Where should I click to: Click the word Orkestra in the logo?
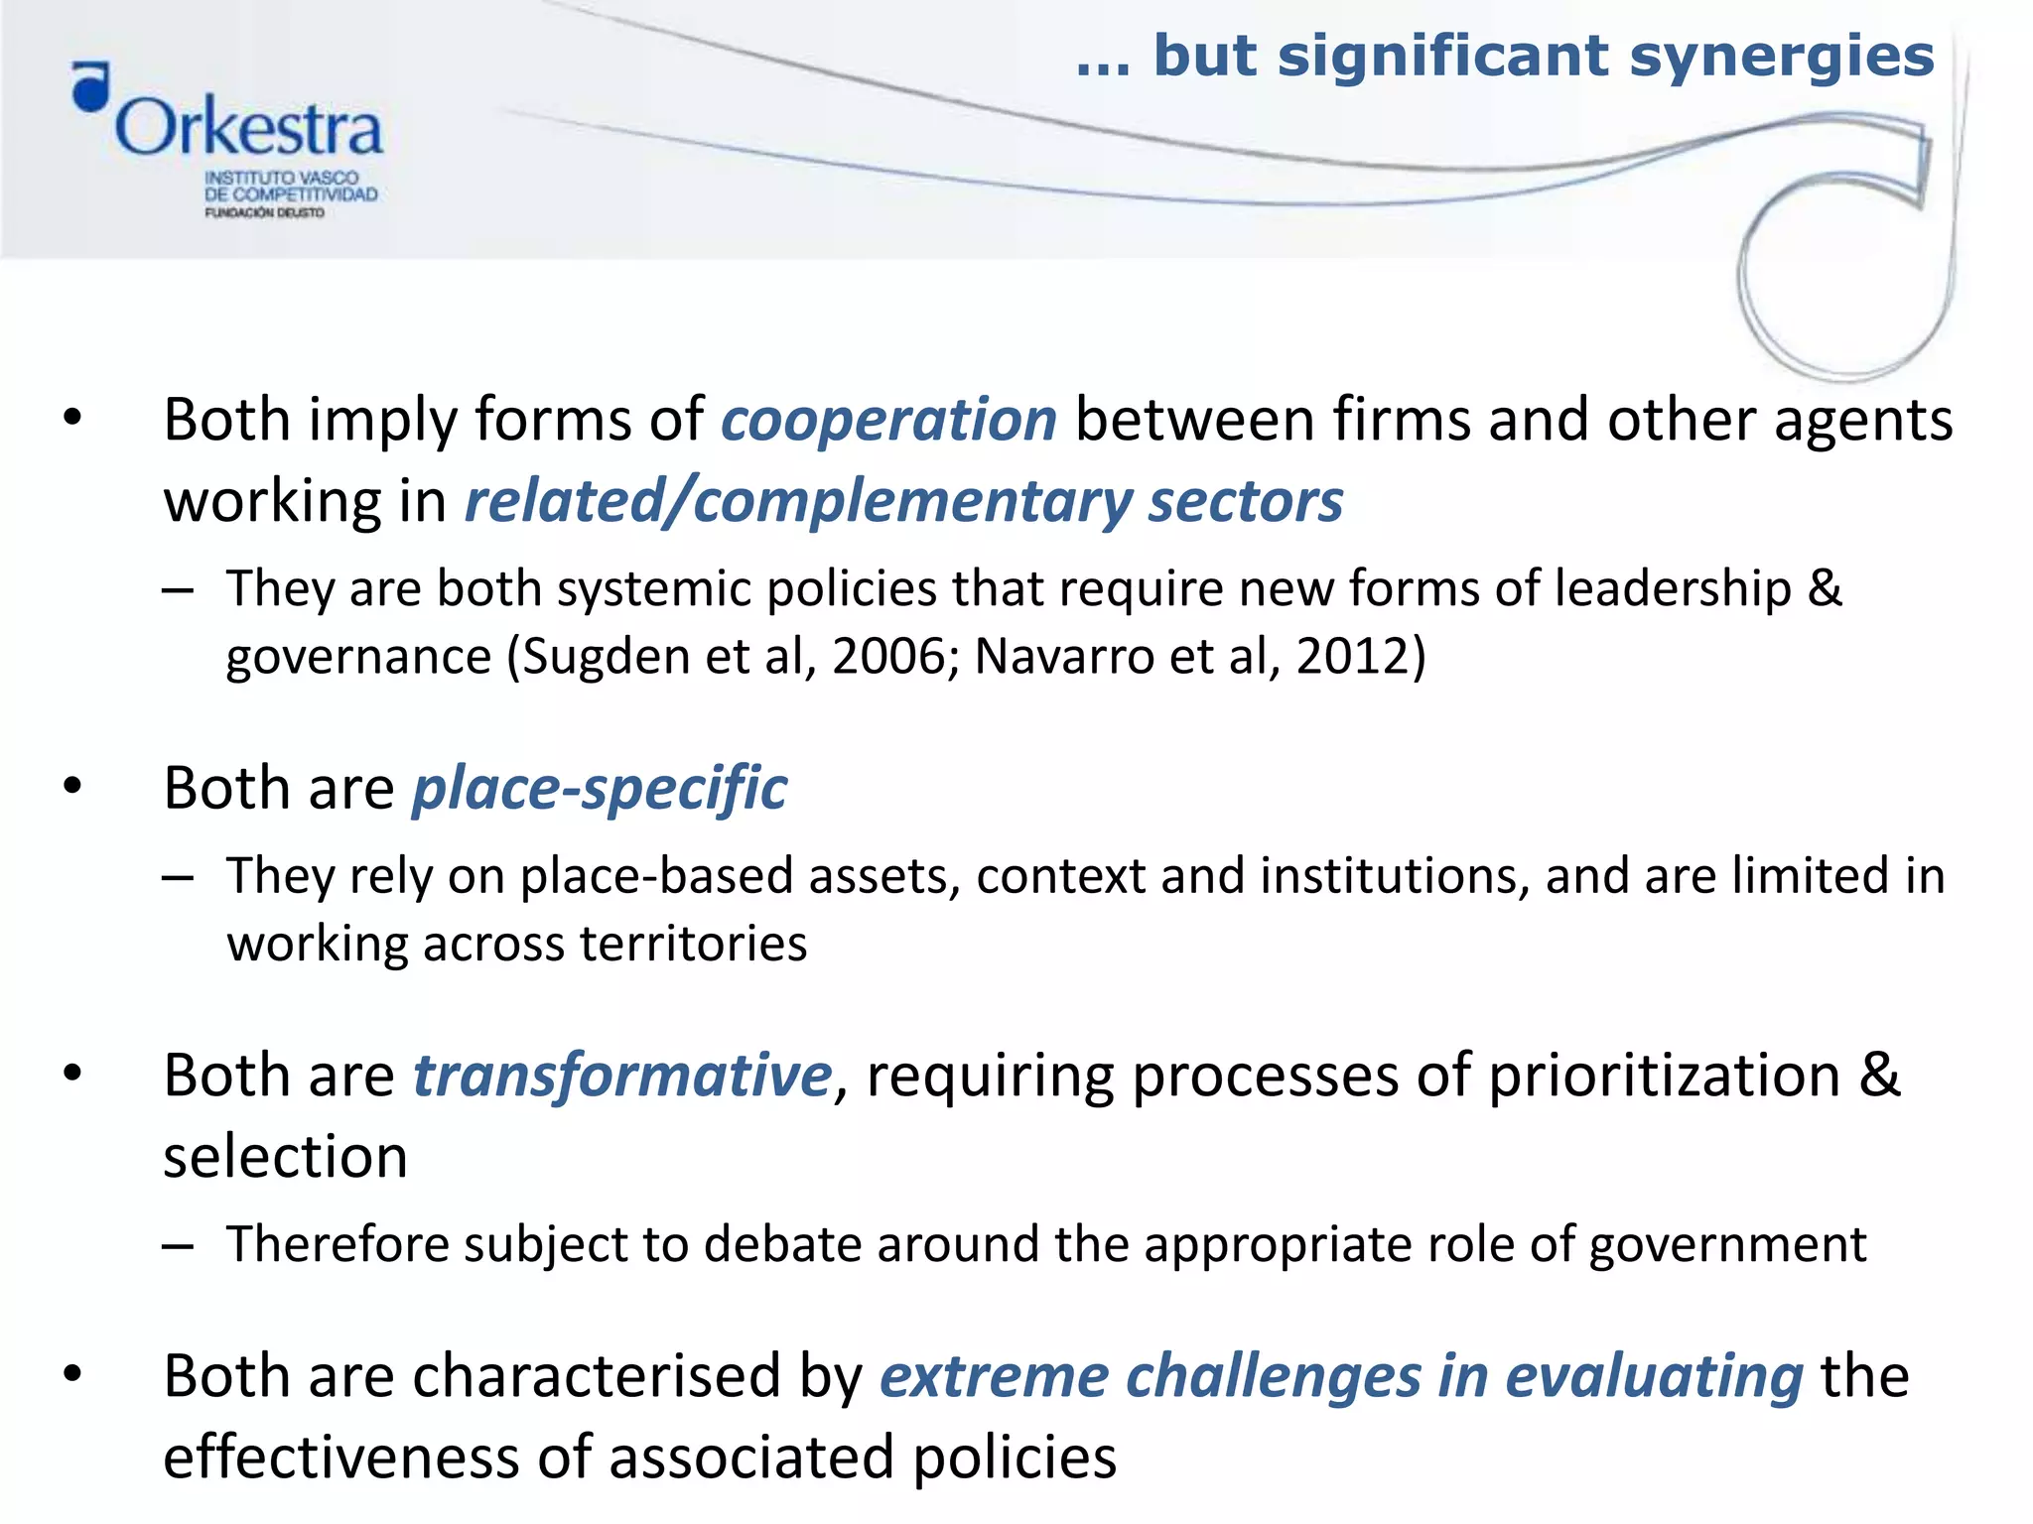pyautogui.click(x=248, y=128)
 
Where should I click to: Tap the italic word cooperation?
pyautogui.click(x=888, y=420)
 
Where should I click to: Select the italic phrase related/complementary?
pyautogui.click(x=798, y=501)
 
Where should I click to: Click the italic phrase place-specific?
pyautogui.click(x=600, y=790)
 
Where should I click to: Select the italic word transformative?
pyautogui.click(x=622, y=1076)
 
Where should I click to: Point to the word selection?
pyautogui.click(x=286, y=1157)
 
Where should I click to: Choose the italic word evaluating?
pyautogui.click(x=1654, y=1377)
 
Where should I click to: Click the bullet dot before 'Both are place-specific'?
pyautogui.click(x=72, y=787)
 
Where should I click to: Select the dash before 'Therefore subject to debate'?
pyautogui.click(x=178, y=1245)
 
